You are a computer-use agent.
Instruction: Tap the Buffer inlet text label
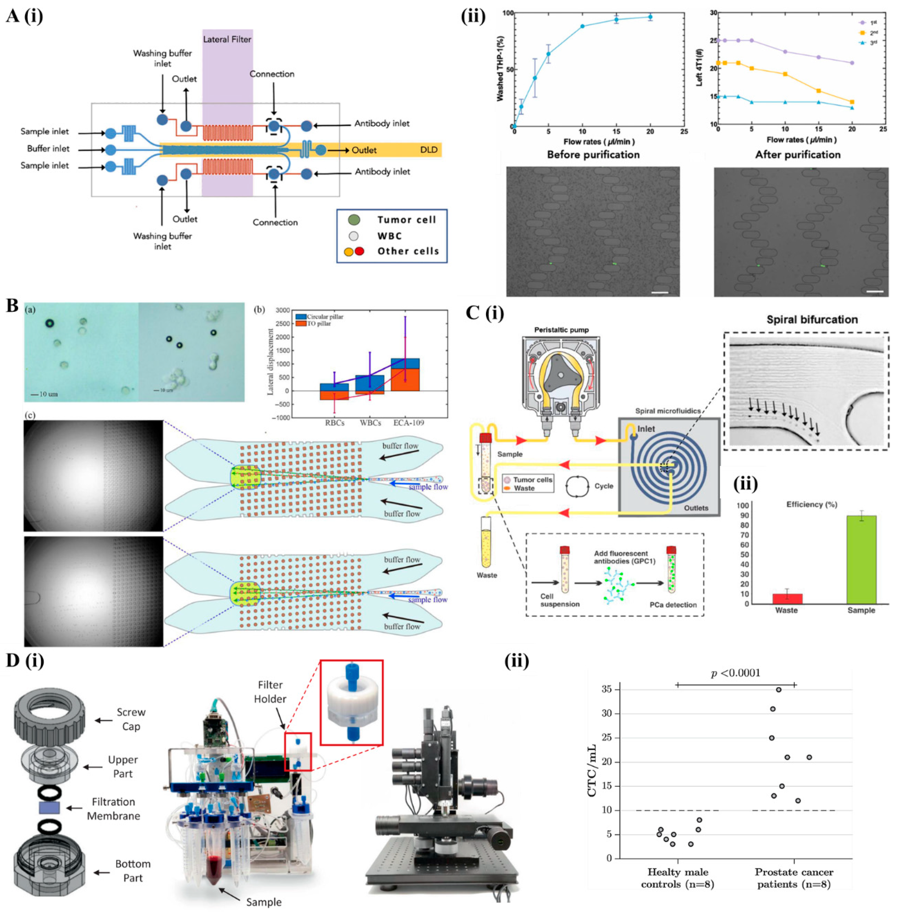pos(48,149)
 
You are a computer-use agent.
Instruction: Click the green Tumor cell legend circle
pos(355,220)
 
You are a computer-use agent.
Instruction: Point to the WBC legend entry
pos(390,236)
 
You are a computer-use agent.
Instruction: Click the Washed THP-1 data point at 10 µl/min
pos(582,26)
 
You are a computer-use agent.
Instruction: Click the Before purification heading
pos(593,155)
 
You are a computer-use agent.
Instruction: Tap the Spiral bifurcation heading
pos(812,320)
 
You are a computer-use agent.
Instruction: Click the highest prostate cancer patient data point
pos(779,690)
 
